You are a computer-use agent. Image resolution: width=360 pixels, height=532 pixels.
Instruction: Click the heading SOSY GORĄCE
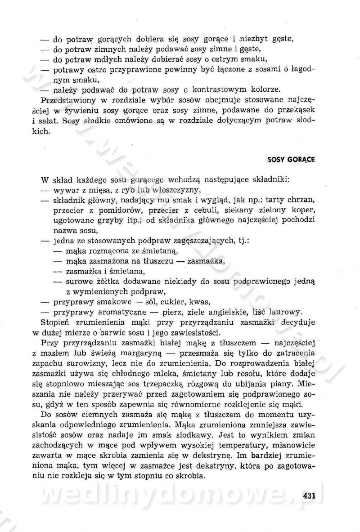click(291, 159)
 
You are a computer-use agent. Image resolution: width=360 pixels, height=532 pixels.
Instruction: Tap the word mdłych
click(116, 59)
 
